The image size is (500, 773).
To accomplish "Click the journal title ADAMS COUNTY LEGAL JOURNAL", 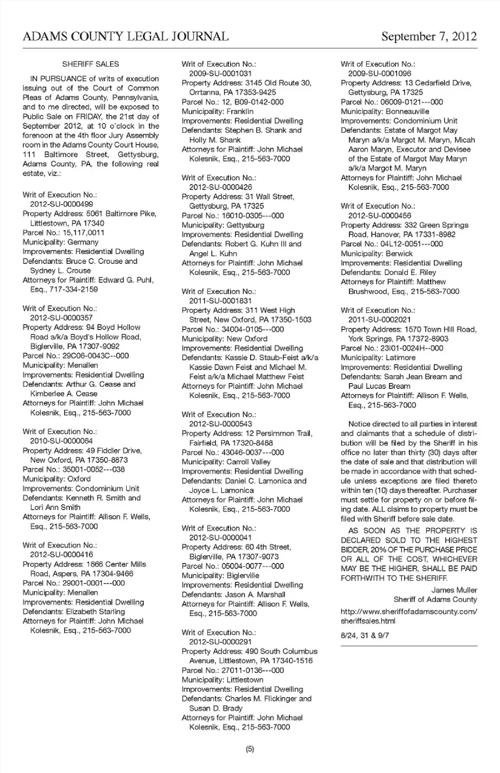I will pyautogui.click(x=126, y=36).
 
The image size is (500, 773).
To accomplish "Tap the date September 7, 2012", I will pyautogui.click(x=429, y=36).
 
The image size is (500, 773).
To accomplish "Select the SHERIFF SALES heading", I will pyautogui.click(x=91, y=64).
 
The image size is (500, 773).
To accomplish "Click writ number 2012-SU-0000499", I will pyautogui.click(x=61, y=204).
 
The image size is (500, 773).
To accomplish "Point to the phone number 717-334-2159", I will pyautogui.click(x=73, y=289).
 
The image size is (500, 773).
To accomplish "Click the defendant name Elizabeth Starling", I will pyautogui.click(x=95, y=611).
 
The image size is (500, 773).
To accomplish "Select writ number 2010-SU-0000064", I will pyautogui.click(x=61, y=441).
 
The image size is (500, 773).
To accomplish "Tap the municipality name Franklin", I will pyautogui.click(x=240, y=112).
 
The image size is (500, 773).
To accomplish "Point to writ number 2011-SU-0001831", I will pyautogui.click(x=220, y=301).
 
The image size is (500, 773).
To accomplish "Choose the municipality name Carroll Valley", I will pyautogui.click(x=248, y=462).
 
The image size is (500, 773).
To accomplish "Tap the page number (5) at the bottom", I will pyautogui.click(x=249, y=749).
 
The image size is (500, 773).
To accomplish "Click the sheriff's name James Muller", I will pyautogui.click(x=454, y=590).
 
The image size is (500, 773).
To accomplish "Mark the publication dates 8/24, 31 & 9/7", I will pyautogui.click(x=365, y=635).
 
